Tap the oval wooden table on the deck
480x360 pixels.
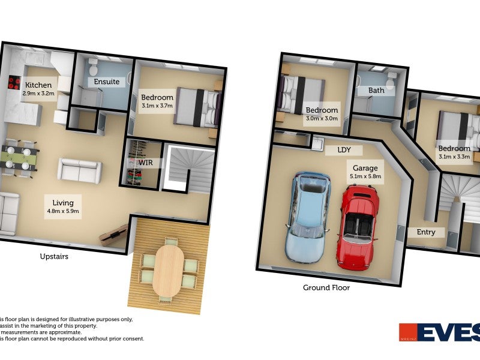[168, 271]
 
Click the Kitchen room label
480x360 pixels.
[39, 85]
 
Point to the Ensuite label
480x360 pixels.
[106, 82]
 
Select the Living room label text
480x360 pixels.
[63, 203]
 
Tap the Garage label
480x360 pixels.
[365, 169]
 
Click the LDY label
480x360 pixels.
[344, 150]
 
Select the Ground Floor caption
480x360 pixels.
[326, 287]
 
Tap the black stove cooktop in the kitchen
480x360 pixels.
[14, 83]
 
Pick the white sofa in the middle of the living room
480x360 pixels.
[79, 170]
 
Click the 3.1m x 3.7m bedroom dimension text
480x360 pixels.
[157, 106]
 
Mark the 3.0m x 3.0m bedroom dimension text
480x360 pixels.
[322, 118]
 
